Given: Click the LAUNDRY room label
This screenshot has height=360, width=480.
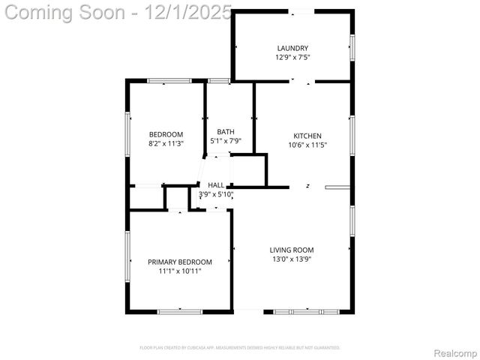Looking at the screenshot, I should click(x=292, y=48).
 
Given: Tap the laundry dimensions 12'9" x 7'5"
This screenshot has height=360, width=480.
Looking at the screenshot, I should click(x=292, y=57).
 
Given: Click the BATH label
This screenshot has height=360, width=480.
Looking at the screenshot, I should click(x=226, y=132).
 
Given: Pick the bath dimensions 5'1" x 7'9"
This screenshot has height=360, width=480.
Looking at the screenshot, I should click(x=225, y=141).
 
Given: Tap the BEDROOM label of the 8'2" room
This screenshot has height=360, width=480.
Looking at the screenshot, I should click(x=166, y=134).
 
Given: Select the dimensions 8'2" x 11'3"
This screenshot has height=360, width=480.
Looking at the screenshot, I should click(x=166, y=143).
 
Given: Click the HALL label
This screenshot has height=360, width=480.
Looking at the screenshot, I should click(x=216, y=185).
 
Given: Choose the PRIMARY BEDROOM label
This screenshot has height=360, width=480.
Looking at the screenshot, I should click(x=180, y=262).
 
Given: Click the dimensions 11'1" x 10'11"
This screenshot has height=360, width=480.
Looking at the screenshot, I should click(x=180, y=271).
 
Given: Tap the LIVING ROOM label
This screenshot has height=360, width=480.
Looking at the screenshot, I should click(x=292, y=250).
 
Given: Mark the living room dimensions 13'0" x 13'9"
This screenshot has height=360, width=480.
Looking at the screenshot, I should click(x=292, y=259).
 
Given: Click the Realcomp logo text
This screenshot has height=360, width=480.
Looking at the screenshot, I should click(x=456, y=352).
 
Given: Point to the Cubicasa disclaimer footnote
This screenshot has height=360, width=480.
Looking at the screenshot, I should click(x=240, y=348).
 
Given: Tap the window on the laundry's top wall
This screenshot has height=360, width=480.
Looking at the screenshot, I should click(x=303, y=10).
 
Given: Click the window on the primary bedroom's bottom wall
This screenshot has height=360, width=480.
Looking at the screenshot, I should click(x=180, y=311).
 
